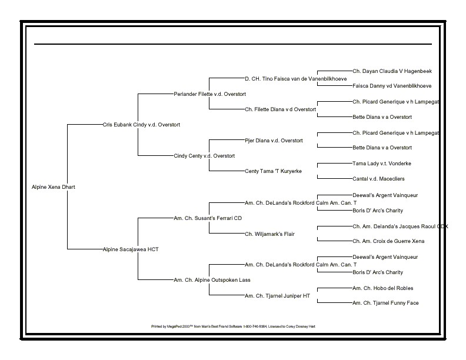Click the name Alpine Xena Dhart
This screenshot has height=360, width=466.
53,187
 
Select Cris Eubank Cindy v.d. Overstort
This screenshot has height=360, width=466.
141,125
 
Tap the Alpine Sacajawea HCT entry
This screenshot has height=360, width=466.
131,249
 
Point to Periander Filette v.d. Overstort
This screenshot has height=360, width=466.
210,94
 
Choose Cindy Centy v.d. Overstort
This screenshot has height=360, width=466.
204,156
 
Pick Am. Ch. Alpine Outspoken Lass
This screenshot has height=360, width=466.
212,280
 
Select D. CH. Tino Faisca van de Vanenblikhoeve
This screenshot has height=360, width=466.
295,78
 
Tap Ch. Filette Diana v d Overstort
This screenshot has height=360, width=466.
281,109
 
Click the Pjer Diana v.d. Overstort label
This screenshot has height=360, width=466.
274,141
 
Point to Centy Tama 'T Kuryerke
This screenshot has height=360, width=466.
273,171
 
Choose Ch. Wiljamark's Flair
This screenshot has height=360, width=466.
270,234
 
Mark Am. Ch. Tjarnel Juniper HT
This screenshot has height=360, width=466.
277,296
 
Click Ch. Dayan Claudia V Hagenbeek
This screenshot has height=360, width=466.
392,71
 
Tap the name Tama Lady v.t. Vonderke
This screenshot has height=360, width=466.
382,163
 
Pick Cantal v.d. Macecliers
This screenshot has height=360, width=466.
378,178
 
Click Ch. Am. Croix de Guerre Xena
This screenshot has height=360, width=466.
388,241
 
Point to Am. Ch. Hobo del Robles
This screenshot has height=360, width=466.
382,288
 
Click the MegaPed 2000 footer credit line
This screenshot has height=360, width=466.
234,325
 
